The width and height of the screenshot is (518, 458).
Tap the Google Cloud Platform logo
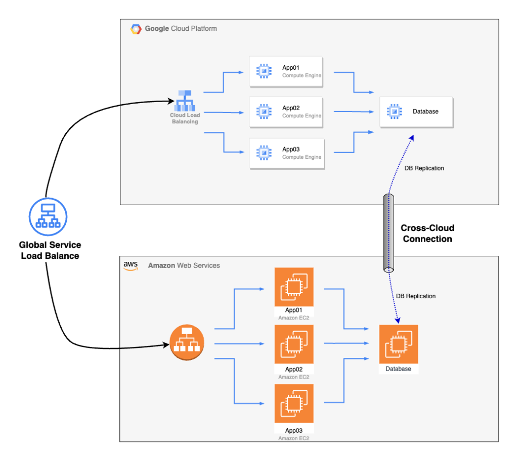[136, 29]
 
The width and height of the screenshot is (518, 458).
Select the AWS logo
[131, 266]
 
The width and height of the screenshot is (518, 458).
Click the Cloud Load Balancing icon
[184, 101]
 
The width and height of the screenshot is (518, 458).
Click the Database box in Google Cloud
[416, 112]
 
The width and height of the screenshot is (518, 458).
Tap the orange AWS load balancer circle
[186, 343]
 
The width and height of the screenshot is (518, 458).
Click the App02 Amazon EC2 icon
[293, 345]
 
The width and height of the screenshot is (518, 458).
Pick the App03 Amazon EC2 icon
[293, 403]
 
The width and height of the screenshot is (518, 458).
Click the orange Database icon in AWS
[399, 344]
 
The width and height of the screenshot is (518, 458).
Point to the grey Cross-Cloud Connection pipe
[389, 233]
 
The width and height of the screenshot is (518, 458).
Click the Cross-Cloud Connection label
[427, 234]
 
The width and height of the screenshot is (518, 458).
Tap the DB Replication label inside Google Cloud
[424, 168]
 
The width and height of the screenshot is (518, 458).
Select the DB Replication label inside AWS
[415, 296]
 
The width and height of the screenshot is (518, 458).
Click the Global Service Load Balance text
[50, 250]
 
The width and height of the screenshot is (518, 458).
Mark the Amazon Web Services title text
[184, 265]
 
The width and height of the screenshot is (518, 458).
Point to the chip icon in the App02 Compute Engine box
[263, 112]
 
